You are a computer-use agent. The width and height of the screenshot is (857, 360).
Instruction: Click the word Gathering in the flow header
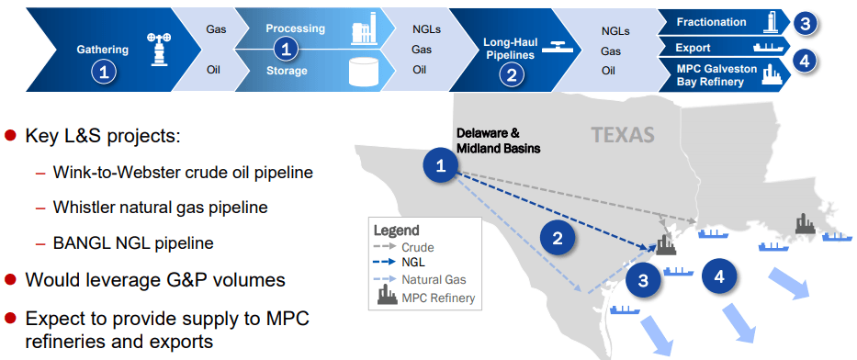click(102, 49)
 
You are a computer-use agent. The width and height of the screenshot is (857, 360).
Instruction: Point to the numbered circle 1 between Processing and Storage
click(288, 50)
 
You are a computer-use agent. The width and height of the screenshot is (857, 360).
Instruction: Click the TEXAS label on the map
click(623, 136)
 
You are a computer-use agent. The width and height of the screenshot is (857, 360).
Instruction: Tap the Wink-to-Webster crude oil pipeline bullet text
click(183, 172)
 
